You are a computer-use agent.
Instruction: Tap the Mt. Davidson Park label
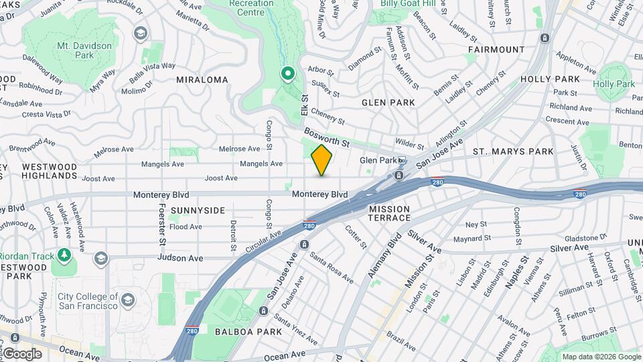click(x=75, y=50)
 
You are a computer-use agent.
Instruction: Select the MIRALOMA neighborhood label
click(x=202, y=79)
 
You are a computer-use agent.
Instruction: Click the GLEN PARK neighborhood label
click(x=388, y=103)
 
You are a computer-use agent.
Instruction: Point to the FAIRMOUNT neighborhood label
click(x=496, y=50)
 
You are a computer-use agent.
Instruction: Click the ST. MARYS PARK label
click(x=513, y=152)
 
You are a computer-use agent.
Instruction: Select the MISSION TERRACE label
click(x=389, y=213)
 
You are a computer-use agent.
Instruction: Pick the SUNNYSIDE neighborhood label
click(x=198, y=210)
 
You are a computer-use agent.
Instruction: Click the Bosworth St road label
click(x=327, y=139)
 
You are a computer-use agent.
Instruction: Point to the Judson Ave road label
click(x=180, y=258)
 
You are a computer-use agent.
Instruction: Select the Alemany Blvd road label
click(x=384, y=255)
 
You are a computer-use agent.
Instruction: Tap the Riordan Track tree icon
click(x=64, y=255)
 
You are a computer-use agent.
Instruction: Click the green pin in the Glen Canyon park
click(x=288, y=73)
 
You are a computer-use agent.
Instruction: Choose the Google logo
click(x=22, y=354)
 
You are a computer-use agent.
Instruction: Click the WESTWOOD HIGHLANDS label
click(x=50, y=171)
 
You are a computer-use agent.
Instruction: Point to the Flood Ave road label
click(x=186, y=227)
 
